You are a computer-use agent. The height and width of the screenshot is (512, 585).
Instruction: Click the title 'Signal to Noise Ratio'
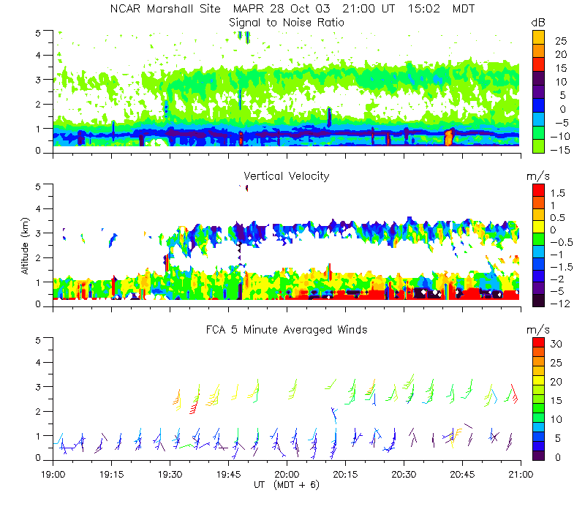(x=286, y=23)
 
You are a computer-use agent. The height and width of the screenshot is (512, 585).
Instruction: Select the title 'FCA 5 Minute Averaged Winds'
(x=286, y=330)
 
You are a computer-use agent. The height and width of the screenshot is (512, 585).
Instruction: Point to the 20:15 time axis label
(x=344, y=474)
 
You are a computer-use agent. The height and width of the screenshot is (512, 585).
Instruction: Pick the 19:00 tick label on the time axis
(x=53, y=474)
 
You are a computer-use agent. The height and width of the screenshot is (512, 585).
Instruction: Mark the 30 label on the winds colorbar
(x=554, y=343)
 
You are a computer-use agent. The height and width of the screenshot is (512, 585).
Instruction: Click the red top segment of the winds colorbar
(x=537, y=342)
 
